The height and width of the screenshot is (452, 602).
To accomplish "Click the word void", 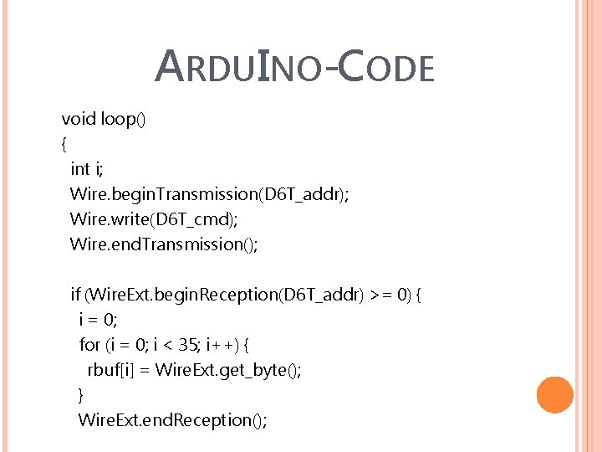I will (x=79, y=119).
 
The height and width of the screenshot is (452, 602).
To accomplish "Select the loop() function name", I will (x=123, y=119).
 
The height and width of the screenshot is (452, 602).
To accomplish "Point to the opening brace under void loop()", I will (x=64, y=144).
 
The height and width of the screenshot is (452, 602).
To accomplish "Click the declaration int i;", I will (x=87, y=169).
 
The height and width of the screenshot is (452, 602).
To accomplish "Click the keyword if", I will (x=75, y=295).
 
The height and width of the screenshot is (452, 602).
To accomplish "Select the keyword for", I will (x=89, y=345).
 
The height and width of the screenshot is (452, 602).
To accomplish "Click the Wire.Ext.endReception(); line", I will (x=172, y=420).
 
